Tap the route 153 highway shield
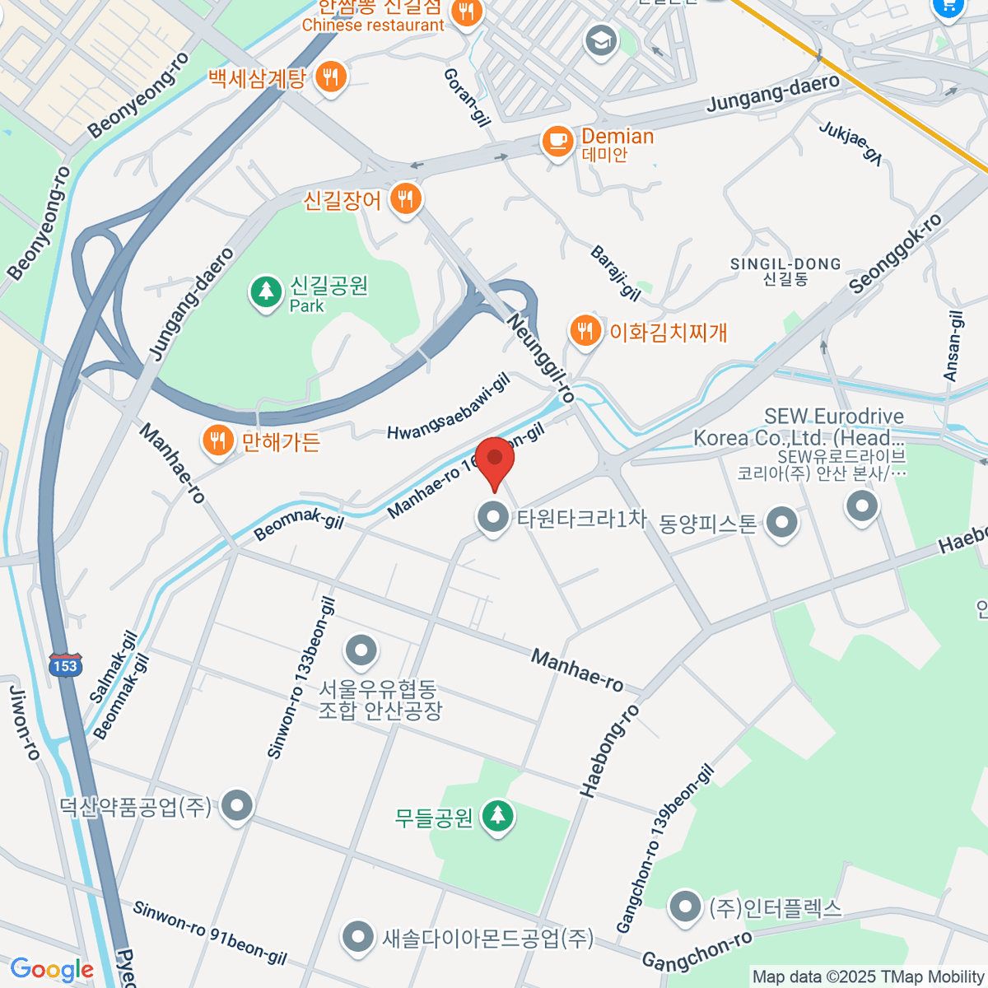64,665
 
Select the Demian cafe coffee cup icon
557,141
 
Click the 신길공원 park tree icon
265,292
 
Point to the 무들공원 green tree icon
496,816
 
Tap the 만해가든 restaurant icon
217,440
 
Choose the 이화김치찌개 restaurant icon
585,331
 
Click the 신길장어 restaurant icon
404,198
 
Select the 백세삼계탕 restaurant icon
331,77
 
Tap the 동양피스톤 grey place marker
781,521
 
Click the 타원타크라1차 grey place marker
493,518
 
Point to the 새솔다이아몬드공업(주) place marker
357,936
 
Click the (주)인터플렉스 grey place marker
684,907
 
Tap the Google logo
52,970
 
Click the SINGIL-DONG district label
785,264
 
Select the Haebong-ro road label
609,750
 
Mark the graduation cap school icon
600,40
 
